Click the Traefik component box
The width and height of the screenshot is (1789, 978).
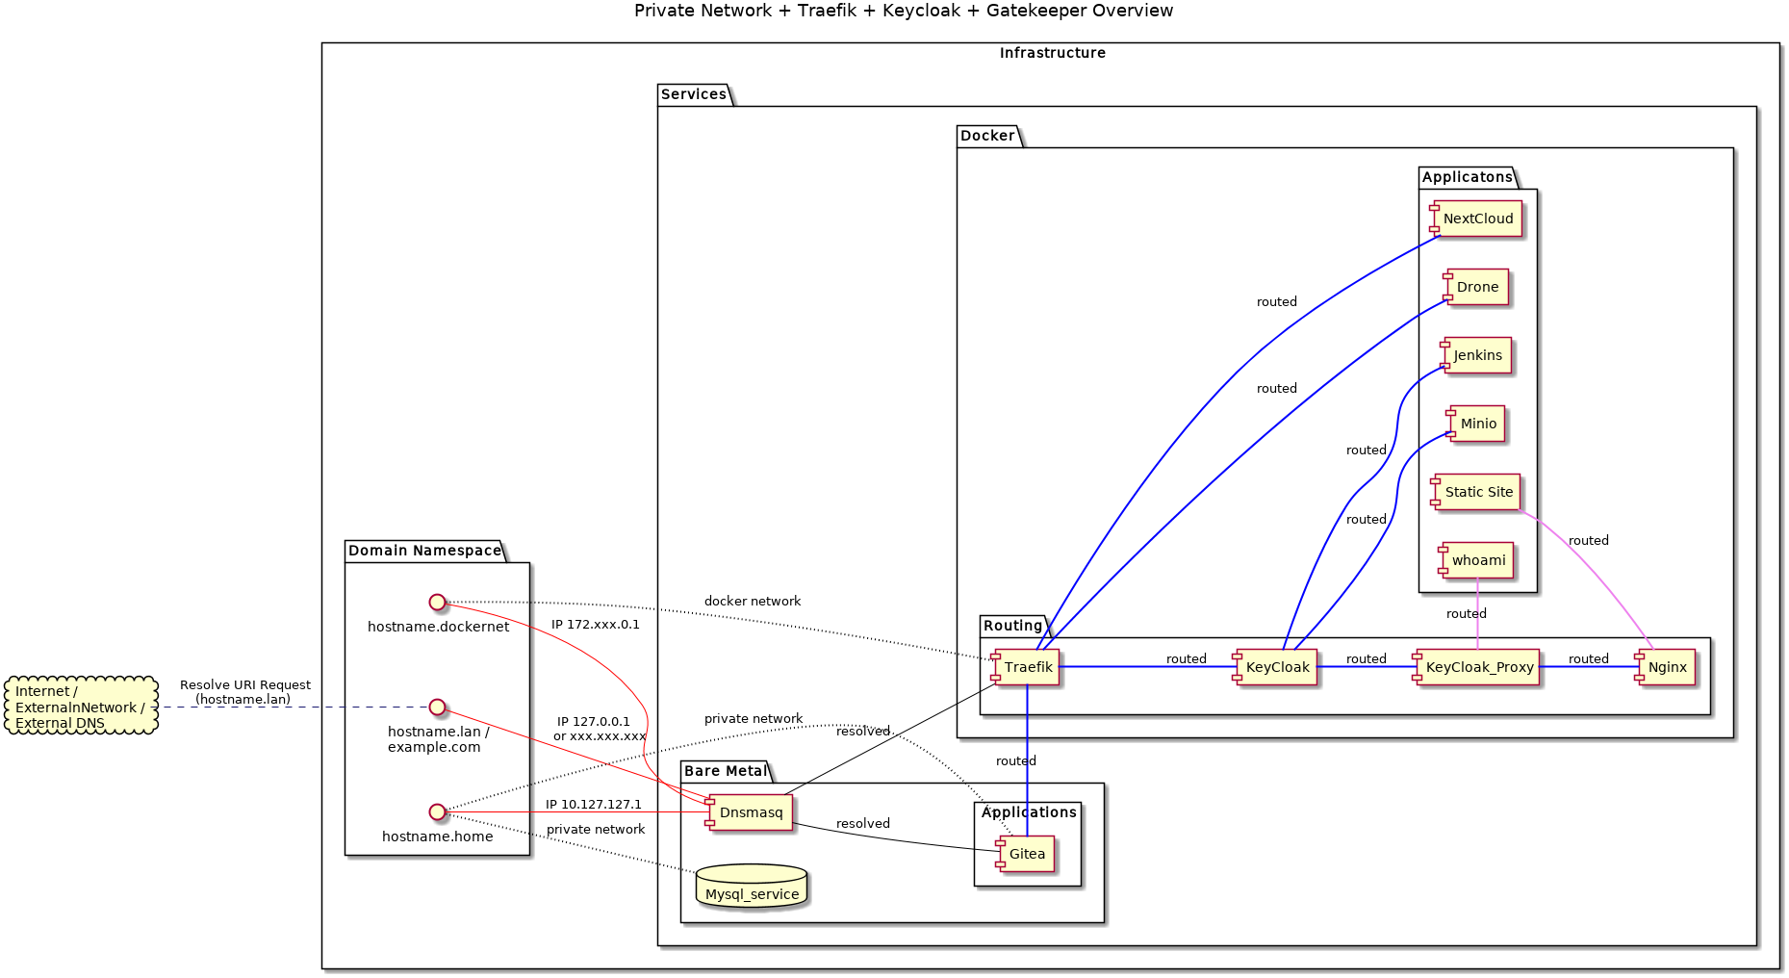click(1026, 667)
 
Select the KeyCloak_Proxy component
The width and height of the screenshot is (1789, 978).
click(1477, 667)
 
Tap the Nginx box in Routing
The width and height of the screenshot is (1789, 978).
click(1666, 667)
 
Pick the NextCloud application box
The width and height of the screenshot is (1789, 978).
click(1476, 219)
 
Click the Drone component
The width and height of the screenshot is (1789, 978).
click(1476, 287)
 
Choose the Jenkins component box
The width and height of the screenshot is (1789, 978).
click(1476, 355)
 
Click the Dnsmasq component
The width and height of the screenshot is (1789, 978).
click(749, 812)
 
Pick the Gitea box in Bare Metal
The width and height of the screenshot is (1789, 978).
click(1026, 854)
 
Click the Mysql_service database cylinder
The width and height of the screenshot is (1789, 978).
click(752, 887)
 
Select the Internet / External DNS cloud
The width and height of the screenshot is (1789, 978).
click(81, 707)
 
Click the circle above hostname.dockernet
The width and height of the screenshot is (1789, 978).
click(437, 603)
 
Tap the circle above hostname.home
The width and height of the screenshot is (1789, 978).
click(437, 811)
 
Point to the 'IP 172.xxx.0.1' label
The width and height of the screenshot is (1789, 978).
click(595, 625)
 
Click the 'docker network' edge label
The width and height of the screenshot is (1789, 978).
click(752, 602)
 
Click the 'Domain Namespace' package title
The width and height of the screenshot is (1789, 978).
click(424, 551)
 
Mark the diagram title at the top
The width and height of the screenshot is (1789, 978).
click(903, 12)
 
